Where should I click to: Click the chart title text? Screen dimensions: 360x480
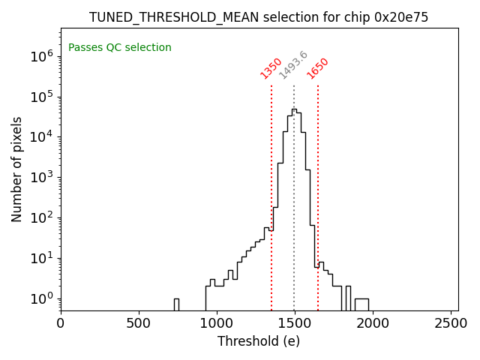259,17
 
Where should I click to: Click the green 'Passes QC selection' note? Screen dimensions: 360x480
120,48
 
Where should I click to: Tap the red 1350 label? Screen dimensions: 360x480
271,68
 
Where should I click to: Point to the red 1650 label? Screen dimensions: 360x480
318,68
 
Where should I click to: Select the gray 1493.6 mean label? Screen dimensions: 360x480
293,65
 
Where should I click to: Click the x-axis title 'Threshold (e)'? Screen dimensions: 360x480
259,341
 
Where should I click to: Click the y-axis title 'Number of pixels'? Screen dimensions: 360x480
17,169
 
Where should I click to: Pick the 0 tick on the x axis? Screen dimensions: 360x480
61,323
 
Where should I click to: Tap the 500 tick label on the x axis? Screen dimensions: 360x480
139,323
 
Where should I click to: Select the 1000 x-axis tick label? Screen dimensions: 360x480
217,323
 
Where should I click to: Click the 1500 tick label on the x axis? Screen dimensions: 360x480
295,323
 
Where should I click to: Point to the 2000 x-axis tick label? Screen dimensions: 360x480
373,323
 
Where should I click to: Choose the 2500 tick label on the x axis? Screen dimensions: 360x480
451,323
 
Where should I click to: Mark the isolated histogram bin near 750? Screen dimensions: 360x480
176,304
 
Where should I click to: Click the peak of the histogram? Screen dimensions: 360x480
293,110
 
